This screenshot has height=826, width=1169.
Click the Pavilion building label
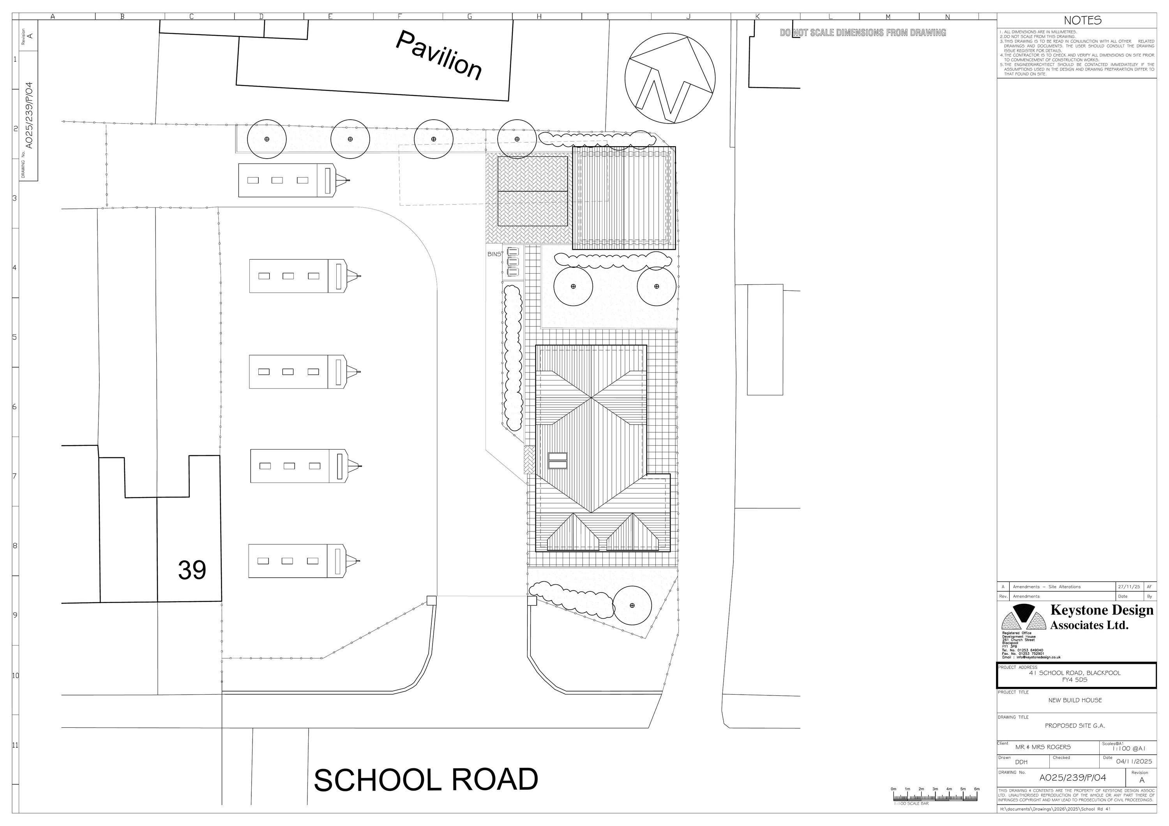click(x=439, y=55)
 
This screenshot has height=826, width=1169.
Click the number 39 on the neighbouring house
click(x=192, y=570)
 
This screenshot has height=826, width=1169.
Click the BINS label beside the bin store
click(x=494, y=254)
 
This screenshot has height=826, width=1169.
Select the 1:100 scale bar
click(x=935, y=811)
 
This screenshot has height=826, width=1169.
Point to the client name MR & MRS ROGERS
click(x=1043, y=747)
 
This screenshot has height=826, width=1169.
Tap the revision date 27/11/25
click(x=1128, y=587)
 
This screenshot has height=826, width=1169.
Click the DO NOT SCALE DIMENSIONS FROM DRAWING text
click(x=863, y=33)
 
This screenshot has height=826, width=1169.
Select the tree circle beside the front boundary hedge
click(x=632, y=605)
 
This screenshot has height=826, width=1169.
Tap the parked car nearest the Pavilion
click(x=293, y=180)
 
